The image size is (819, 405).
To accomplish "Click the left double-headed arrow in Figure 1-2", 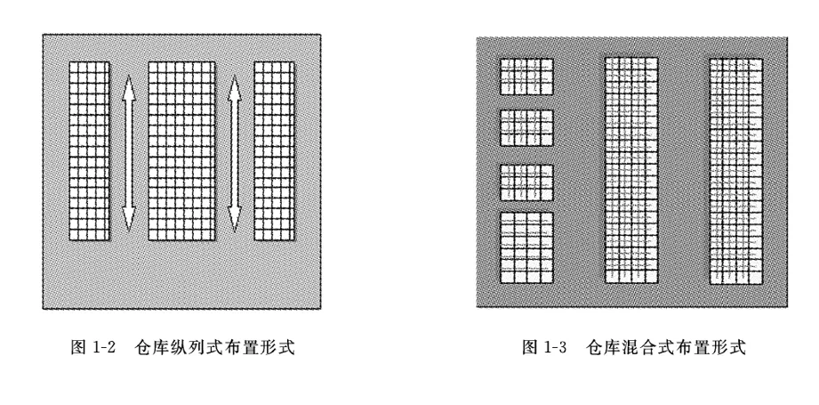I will click(128, 152).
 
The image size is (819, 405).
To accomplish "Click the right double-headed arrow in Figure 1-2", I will click(235, 152).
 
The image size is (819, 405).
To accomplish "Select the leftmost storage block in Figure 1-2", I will click(89, 151).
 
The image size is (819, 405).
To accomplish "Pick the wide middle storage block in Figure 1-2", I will click(182, 151).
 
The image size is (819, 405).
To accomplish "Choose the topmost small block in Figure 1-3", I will click(526, 77).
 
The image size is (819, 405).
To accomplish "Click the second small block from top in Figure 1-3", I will click(526, 128).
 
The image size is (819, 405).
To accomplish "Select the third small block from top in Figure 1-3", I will click(526, 182).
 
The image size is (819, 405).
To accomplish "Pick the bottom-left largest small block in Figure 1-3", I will click(526, 247).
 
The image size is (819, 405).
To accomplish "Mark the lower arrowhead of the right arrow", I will click(235, 219).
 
